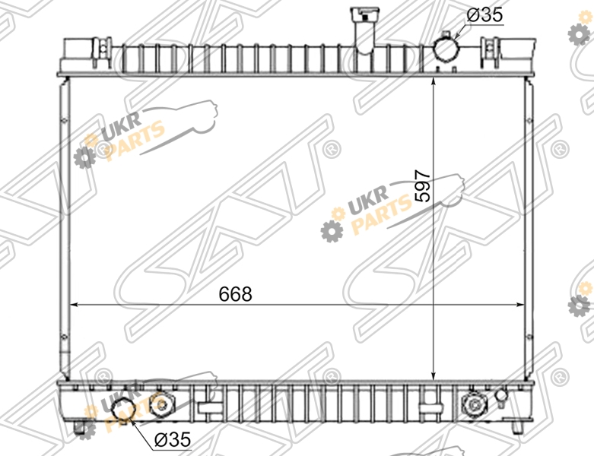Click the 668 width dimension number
pyautogui.click(x=235, y=293)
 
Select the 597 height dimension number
pyautogui.click(x=423, y=185)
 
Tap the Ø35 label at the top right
pyautogui.click(x=484, y=14)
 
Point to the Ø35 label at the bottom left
pyautogui.click(x=173, y=439)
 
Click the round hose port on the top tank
pyautogui.click(x=446, y=47)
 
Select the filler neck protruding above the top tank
pyautogui.click(x=364, y=28)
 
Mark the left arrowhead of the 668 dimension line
pyautogui.click(x=75, y=304)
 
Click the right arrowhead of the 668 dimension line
pyautogui.click(x=520, y=304)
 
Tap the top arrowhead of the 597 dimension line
pyautogui.click(x=434, y=82)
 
